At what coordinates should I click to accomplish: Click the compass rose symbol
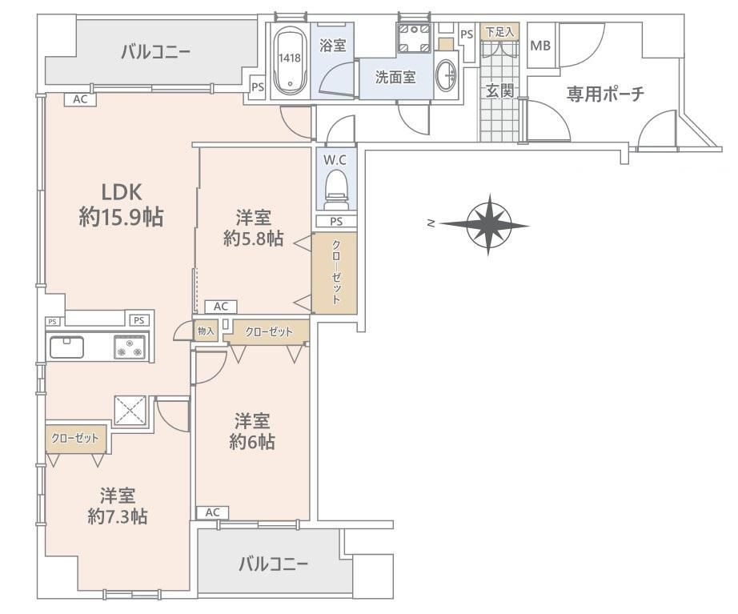(488, 225)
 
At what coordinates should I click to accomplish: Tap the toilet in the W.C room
(336, 190)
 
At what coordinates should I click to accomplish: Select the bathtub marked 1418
(290, 60)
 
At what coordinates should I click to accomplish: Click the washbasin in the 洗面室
(446, 75)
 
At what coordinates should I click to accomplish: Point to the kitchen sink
(66, 347)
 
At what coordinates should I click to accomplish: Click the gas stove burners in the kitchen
(130, 347)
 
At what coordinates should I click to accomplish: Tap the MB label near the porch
(540, 46)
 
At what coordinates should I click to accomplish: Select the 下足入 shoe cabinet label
(499, 32)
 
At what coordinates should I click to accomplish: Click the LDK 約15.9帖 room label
(122, 205)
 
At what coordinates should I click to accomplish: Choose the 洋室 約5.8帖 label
(253, 229)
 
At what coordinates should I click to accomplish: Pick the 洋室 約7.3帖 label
(117, 506)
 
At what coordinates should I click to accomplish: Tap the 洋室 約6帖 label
(252, 431)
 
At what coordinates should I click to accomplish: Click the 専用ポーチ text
(605, 94)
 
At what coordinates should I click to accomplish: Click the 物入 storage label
(206, 331)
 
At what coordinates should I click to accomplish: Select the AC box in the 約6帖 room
(212, 512)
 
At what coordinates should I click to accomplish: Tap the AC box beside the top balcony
(80, 99)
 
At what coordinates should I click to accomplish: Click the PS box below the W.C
(336, 221)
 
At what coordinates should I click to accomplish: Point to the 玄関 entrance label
(499, 91)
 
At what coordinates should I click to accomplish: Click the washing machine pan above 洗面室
(414, 38)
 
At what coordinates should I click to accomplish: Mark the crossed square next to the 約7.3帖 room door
(130, 409)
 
